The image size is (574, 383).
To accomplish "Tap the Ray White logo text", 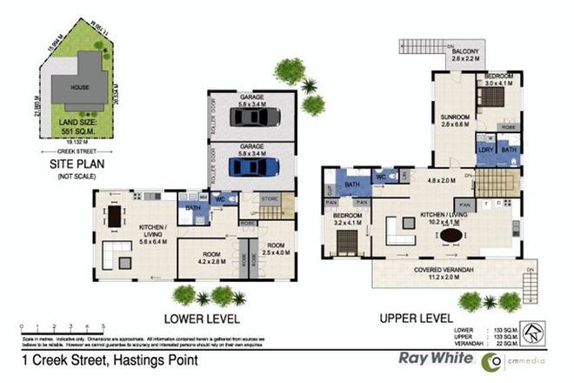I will tap(430, 357).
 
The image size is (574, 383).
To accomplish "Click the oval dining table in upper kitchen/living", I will tap(450, 235).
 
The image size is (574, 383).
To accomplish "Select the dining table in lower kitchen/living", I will tap(114, 215).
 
